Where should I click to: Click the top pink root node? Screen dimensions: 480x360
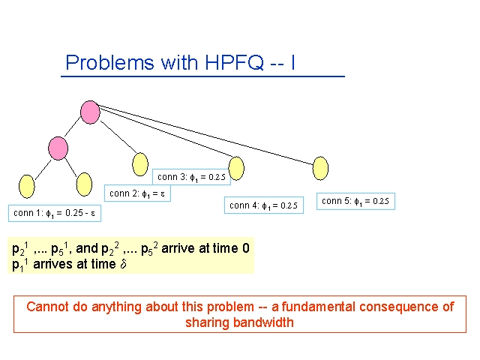[x=90, y=112]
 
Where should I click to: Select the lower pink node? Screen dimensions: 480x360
[x=58, y=148]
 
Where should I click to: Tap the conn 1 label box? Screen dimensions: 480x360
[x=55, y=213]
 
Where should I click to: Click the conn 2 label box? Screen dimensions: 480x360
[x=137, y=193]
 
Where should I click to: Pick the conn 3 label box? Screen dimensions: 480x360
[x=191, y=177]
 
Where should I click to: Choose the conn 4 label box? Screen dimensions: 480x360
[x=264, y=205]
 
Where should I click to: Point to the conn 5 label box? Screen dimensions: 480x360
[x=355, y=201]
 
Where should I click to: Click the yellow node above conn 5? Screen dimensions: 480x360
[x=320, y=168]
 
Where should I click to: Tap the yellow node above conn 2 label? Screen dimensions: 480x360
[x=140, y=164]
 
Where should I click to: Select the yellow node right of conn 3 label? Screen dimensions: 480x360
[x=236, y=168]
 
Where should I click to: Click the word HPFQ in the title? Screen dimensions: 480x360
[x=234, y=62]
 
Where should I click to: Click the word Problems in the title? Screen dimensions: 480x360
[x=109, y=62]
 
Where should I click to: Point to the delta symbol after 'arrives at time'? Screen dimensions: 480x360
[x=123, y=263]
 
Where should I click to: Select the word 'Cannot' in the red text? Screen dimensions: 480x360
[x=47, y=307]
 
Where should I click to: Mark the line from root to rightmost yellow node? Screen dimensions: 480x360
[x=205, y=135]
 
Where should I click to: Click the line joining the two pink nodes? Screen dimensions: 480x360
[x=73, y=127]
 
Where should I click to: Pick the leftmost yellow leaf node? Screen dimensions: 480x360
[x=27, y=187]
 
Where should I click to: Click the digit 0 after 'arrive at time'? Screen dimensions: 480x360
[x=246, y=248]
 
